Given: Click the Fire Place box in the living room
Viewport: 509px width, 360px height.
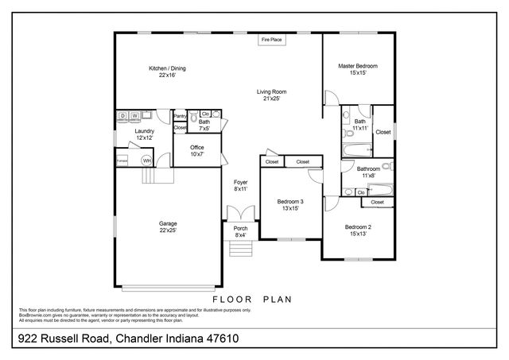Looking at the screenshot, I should (272, 39).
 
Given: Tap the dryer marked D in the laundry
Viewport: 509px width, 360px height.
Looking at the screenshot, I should (122, 117).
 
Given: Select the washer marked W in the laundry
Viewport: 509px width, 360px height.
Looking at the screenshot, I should (134, 117).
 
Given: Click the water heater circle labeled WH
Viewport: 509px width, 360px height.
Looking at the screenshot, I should (146, 161).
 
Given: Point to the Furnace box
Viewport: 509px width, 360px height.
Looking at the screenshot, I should (122, 161).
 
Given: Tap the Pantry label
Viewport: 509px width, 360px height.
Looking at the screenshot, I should (180, 116).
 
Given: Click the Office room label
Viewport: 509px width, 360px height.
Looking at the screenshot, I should (196, 147).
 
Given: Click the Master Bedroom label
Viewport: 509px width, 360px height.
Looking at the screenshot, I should (357, 66).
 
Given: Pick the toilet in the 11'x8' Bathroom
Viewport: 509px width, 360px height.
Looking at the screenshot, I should (386, 167).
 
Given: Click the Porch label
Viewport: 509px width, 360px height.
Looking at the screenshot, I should (240, 229).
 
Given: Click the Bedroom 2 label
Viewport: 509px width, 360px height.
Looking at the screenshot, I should (358, 227).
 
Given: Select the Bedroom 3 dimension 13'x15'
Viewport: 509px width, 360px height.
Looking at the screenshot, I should (290, 209).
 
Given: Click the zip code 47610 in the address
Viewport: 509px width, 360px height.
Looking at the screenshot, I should (220, 339).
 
